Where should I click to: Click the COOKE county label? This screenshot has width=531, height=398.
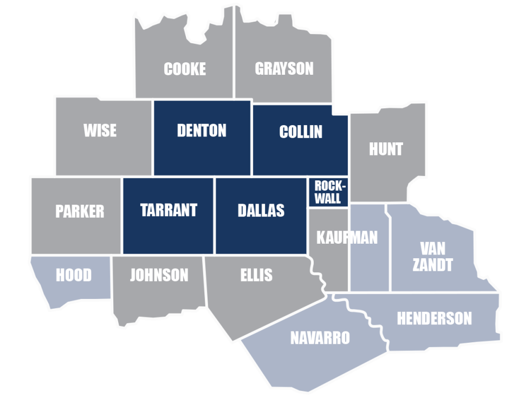tap(185, 69)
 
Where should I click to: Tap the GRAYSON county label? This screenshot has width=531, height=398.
tap(284, 69)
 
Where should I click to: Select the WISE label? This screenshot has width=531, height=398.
tap(100, 131)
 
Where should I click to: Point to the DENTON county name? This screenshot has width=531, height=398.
tap(202, 131)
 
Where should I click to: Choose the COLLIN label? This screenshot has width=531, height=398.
tap(301, 132)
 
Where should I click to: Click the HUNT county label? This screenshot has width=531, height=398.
tap(386, 149)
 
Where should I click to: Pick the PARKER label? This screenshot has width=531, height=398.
tap(80, 211)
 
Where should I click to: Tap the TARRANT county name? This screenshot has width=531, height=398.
tap(169, 210)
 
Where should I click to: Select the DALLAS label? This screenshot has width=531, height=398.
tap(261, 210)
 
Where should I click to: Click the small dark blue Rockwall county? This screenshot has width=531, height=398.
tap(328, 192)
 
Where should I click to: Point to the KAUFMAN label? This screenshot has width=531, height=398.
tap(347, 237)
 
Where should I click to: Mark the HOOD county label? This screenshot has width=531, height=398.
tap(74, 276)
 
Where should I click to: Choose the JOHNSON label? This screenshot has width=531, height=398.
tap(159, 275)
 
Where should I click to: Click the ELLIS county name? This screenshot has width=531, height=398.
tap(256, 275)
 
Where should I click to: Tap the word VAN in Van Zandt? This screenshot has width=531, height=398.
tap(432, 249)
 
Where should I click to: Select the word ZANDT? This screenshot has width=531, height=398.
tap(432, 265)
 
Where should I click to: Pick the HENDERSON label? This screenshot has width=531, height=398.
tap(434, 318)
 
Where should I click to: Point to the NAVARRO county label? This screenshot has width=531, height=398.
tap(320, 338)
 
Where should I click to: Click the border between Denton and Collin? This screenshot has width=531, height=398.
tap(252, 138)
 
